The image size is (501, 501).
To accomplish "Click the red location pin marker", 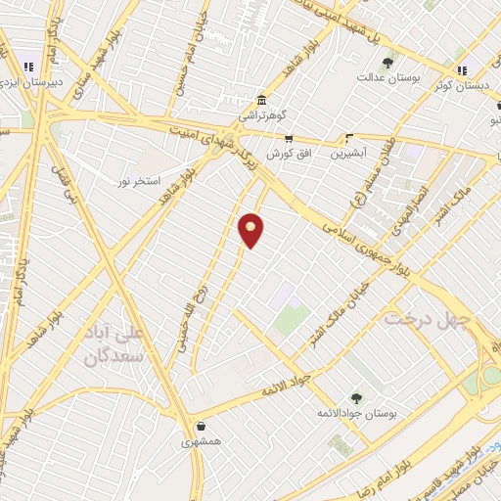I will pyautogui.click(x=251, y=229).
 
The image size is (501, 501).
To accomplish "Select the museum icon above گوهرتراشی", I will pyautogui.click(x=261, y=100).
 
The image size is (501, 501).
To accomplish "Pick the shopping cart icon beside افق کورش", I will pyautogui.click(x=288, y=139).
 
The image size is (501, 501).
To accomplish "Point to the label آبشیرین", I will pyautogui.click(x=348, y=153).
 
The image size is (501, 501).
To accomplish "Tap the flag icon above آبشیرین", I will pyautogui.click(x=349, y=138).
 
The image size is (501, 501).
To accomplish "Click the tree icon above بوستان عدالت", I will pyautogui.click(x=392, y=61).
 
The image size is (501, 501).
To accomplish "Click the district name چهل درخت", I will pyautogui.click(x=427, y=320).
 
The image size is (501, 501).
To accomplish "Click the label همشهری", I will pyautogui.click(x=202, y=442).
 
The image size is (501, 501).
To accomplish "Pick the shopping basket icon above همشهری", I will pyautogui.click(x=202, y=427).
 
